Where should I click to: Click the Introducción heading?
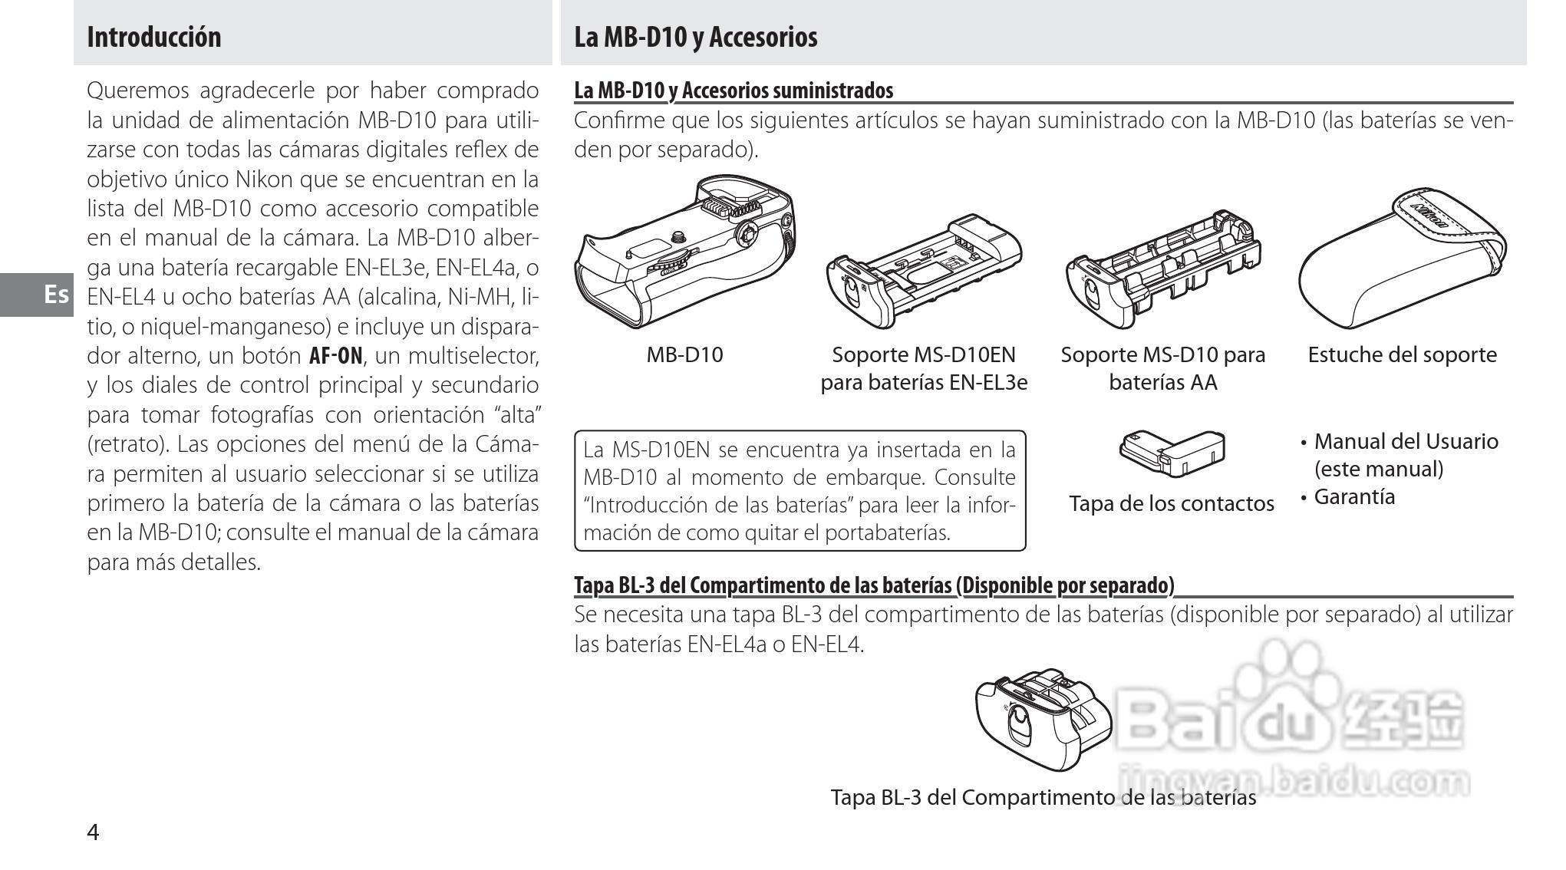click(153, 37)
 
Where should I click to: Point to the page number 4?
click(93, 832)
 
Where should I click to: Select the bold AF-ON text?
click(335, 356)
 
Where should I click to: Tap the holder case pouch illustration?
click(1401, 261)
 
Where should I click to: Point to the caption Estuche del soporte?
click(1401, 354)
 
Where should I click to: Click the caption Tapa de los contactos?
click(1171, 503)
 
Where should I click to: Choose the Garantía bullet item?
click(1354, 497)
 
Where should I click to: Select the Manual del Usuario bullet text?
click(1405, 442)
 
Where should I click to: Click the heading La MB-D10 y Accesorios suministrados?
click(734, 91)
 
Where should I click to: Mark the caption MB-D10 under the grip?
click(684, 354)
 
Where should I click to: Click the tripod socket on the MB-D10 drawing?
click(678, 237)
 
